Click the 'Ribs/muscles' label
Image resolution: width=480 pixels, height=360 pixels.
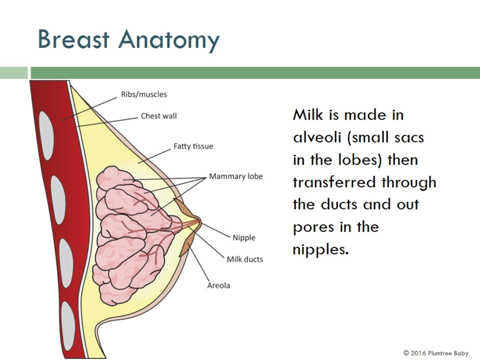coord(144,94)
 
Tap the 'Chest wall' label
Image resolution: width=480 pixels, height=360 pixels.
coord(158,116)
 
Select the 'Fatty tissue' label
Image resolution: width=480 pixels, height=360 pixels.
coord(193,146)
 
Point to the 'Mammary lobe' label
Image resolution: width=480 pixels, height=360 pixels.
coord(235,176)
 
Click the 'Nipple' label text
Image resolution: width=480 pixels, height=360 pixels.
coord(243,238)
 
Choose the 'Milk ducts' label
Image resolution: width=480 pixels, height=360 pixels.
coord(244,259)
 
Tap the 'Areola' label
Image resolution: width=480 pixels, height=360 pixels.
coord(218,285)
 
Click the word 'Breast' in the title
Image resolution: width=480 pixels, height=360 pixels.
coord(73,39)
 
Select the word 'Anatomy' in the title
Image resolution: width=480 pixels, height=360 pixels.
coord(169,41)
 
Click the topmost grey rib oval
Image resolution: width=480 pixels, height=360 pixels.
coord(46,135)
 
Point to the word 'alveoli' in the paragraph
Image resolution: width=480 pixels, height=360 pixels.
coord(317,137)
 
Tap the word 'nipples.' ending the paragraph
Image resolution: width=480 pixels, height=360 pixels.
coord(321,250)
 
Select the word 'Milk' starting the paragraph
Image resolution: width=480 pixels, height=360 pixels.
coord(308,115)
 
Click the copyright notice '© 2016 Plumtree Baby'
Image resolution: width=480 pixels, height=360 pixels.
coord(435,353)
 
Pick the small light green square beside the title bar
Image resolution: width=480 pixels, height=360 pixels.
coord(14,73)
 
